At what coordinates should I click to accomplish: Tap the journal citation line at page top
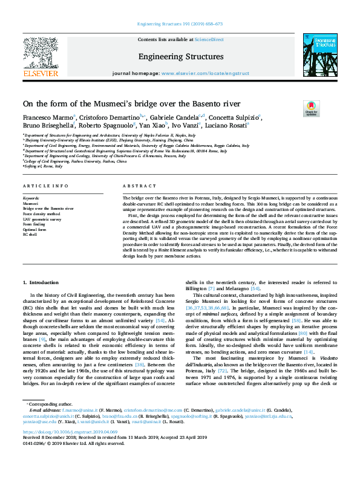click(x=180, y=24)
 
